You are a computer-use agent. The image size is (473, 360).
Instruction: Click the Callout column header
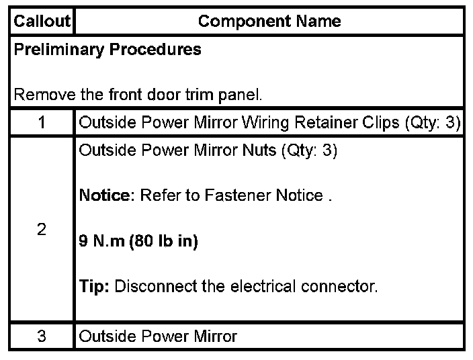42,21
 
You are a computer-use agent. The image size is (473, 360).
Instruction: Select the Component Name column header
269,21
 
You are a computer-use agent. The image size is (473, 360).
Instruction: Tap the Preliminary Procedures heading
107,50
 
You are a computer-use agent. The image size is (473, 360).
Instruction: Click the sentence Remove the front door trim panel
138,95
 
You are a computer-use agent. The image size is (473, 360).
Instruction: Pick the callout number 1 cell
42,123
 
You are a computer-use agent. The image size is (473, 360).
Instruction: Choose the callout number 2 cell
42,230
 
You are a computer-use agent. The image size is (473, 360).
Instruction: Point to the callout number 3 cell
42,336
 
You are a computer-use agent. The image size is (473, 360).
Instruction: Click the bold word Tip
94,287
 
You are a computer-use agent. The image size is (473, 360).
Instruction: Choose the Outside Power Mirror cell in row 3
158,336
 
